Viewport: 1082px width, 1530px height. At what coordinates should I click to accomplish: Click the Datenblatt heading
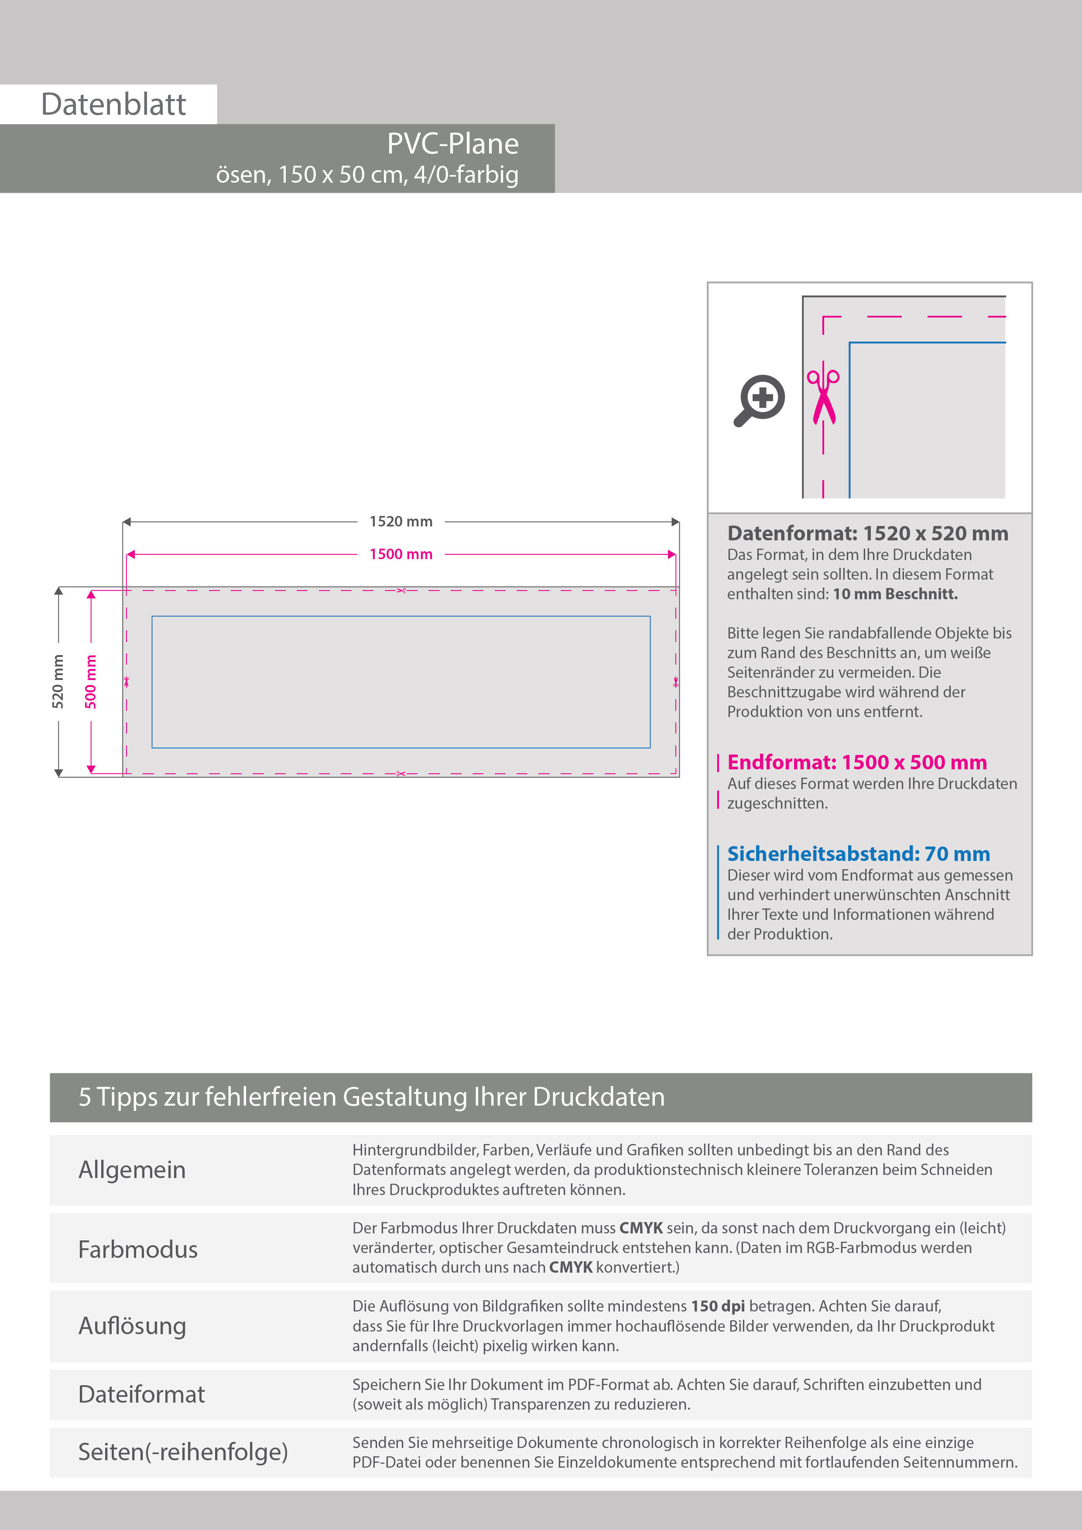pyautogui.click(x=113, y=105)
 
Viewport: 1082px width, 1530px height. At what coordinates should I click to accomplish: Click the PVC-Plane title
pyautogui.click(x=453, y=144)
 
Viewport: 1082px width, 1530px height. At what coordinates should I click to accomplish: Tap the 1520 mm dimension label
pyautogui.click(x=401, y=522)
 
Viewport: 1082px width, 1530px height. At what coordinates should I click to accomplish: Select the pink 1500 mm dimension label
pyautogui.click(x=401, y=554)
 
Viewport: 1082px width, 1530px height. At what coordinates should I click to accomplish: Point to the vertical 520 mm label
pyautogui.click(x=58, y=681)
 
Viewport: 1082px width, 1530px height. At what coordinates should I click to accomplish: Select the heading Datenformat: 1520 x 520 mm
pyautogui.click(x=867, y=534)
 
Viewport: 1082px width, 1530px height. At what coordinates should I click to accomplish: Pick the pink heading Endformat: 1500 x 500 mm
pyautogui.click(x=857, y=762)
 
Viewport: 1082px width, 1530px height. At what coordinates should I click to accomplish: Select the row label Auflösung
pyautogui.click(x=132, y=1326)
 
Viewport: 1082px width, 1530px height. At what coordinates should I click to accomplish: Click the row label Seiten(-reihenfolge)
pyautogui.click(x=183, y=1452)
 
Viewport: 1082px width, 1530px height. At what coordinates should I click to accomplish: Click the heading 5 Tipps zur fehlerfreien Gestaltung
pyautogui.click(x=371, y=1097)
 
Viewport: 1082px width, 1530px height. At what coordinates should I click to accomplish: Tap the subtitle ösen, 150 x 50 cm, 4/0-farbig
pyautogui.click(x=366, y=174)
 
